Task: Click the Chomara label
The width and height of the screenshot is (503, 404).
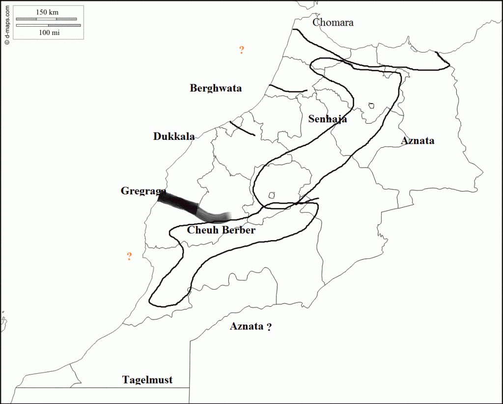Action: tap(333, 22)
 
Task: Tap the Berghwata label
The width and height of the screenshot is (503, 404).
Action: tap(216, 88)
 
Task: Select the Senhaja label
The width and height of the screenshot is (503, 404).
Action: tap(328, 119)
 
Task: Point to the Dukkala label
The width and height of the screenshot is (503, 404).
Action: tap(174, 136)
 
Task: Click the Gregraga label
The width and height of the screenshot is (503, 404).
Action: tap(143, 191)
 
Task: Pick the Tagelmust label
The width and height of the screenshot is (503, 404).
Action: tap(147, 380)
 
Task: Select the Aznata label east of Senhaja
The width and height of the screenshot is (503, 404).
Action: tap(418, 141)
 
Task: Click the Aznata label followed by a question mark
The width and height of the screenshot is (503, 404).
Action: tap(247, 326)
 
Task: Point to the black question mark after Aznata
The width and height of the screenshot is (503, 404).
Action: tap(269, 327)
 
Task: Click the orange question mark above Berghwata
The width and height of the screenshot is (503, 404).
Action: tap(242, 50)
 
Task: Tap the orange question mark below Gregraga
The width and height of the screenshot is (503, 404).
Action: tap(129, 256)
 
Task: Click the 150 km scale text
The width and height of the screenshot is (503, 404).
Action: tap(48, 12)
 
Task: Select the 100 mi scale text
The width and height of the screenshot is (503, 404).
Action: tap(48, 32)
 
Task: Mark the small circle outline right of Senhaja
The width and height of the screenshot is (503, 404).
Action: tap(371, 106)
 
